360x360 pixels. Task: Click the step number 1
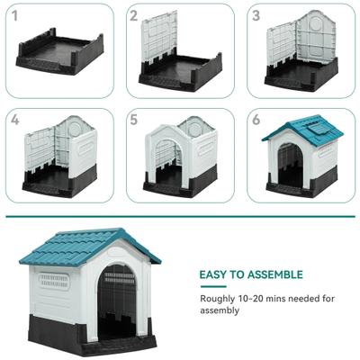[15, 14]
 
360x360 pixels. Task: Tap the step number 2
[134, 14]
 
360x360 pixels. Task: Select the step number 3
[256, 14]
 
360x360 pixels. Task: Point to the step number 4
[15, 119]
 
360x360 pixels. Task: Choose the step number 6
[256, 119]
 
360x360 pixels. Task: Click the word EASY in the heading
[214, 274]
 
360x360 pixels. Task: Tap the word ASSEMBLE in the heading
[274, 274]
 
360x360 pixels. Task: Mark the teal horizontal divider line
[180, 216]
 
